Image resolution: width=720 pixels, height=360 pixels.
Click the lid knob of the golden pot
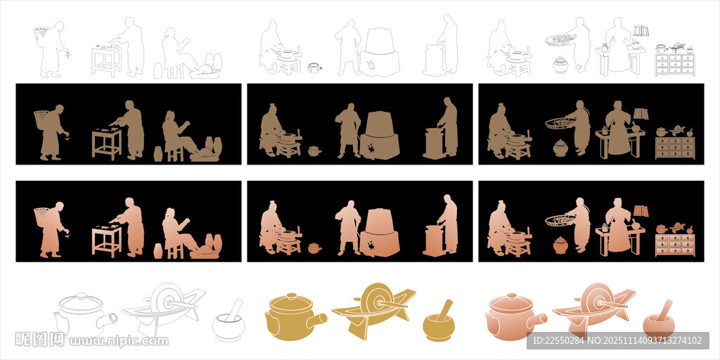pos(290,296)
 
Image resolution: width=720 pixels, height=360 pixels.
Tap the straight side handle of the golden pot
pos(317,320)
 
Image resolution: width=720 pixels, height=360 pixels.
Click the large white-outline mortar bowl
pos(229,326)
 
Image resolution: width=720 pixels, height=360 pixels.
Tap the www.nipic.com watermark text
pos(118,341)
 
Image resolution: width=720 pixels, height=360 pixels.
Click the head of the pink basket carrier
pos(59,206)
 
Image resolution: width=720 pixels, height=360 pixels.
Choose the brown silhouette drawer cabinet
pos(674,147)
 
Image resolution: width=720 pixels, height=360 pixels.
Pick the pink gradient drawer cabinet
pos(674,245)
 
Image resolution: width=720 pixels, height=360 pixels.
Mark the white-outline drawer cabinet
pos(674,64)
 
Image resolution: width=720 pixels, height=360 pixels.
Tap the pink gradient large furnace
pos(379,233)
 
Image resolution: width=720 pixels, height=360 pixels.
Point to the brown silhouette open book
pos(641,113)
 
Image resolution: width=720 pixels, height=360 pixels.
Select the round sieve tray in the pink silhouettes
pos(560,220)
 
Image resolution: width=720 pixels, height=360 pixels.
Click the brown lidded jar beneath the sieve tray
pos(560,148)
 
